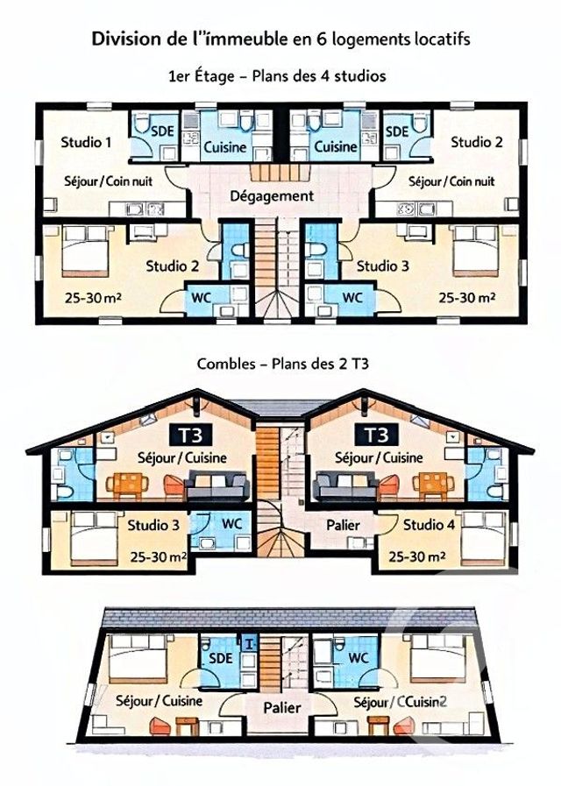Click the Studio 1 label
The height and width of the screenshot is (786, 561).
point(84,141)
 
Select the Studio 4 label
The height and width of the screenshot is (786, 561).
point(430,526)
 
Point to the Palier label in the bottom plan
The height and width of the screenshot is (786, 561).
point(280,707)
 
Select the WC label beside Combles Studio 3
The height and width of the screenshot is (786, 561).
point(231,523)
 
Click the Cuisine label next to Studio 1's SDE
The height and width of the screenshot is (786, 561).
point(224,147)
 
